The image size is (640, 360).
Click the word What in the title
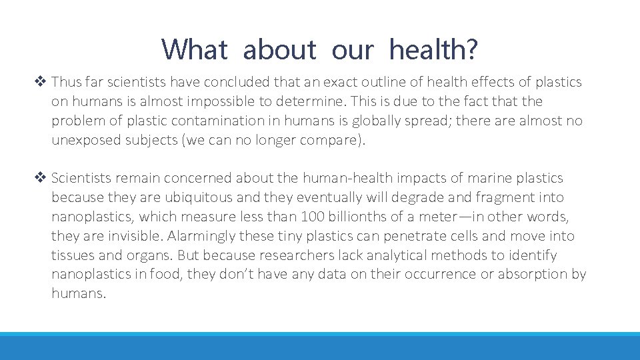click(x=195, y=49)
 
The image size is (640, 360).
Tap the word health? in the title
click(x=434, y=49)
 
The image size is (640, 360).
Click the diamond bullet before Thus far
click(x=43, y=82)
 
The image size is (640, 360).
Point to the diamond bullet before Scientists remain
click(x=43, y=178)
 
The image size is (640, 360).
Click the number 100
click(x=313, y=217)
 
